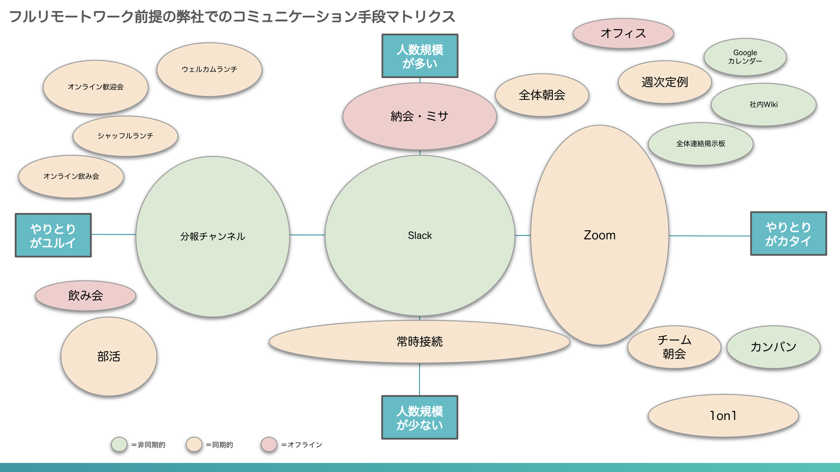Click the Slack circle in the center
pyautogui.click(x=419, y=235)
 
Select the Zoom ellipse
pyautogui.click(x=599, y=235)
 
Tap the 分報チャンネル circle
pyautogui.click(x=212, y=236)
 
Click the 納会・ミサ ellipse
pyautogui.click(x=419, y=116)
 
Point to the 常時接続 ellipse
pyautogui.click(x=419, y=341)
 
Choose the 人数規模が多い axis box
pyautogui.click(x=419, y=56)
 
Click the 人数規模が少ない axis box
pyautogui.click(x=419, y=417)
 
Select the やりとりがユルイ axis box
pyautogui.click(x=53, y=235)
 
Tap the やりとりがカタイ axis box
pyautogui.click(x=788, y=234)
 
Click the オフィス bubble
pyautogui.click(x=623, y=33)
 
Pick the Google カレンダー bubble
pyautogui.click(x=745, y=57)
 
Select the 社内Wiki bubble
pyautogui.click(x=763, y=105)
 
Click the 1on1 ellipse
pyautogui.click(x=723, y=416)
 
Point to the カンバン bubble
pyautogui.click(x=773, y=347)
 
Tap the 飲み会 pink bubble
pyautogui.click(x=86, y=295)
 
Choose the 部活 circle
pyautogui.click(x=109, y=356)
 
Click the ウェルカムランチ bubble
pyautogui.click(x=209, y=69)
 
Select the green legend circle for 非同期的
pyautogui.click(x=119, y=445)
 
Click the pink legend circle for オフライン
pyautogui.click(x=269, y=445)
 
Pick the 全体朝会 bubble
pyautogui.click(x=542, y=95)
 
